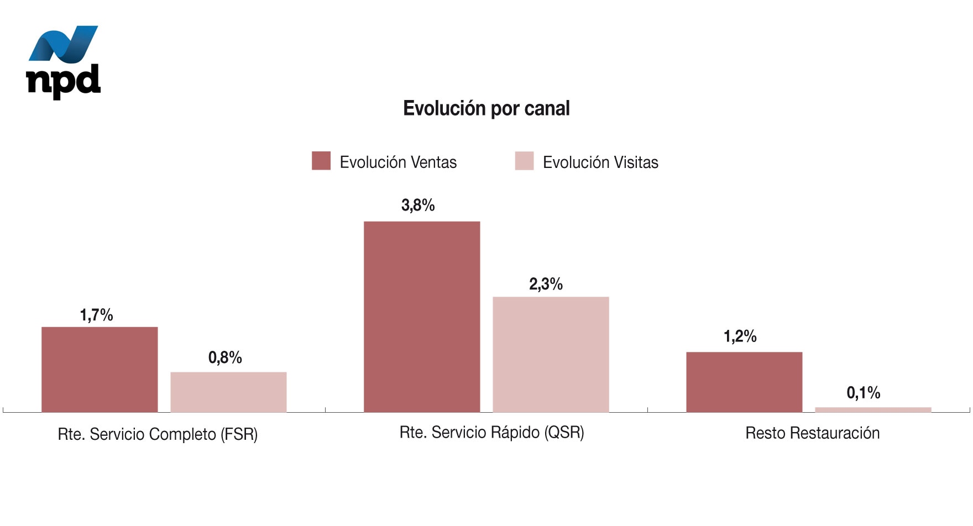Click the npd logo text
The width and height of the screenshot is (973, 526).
click(x=64, y=81)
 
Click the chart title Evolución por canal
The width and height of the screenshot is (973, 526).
click(x=486, y=108)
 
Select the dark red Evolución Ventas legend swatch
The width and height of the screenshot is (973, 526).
click(x=321, y=161)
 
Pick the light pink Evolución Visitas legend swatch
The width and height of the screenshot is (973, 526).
click(x=524, y=161)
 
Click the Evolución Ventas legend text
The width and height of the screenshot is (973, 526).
click(x=398, y=162)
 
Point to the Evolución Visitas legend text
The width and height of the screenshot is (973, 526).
click(x=600, y=162)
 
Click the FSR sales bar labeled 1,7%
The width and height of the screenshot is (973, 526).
click(x=100, y=369)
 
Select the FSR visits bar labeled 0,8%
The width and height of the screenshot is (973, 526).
click(x=228, y=392)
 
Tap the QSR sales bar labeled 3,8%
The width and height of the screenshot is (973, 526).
click(x=422, y=317)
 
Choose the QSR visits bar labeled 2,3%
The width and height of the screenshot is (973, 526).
click(x=551, y=354)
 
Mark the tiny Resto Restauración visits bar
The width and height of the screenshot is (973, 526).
click(x=873, y=409)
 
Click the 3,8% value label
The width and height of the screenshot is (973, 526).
click(x=418, y=206)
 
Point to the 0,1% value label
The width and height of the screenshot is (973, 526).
click(x=863, y=393)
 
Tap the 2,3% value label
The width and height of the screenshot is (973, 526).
click(x=546, y=284)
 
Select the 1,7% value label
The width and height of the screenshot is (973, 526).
click(x=96, y=315)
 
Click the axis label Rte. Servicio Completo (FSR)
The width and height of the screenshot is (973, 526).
click(x=158, y=434)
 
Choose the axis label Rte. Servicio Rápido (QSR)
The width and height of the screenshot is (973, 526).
click(x=491, y=432)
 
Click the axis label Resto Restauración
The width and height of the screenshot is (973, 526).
click(x=812, y=433)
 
